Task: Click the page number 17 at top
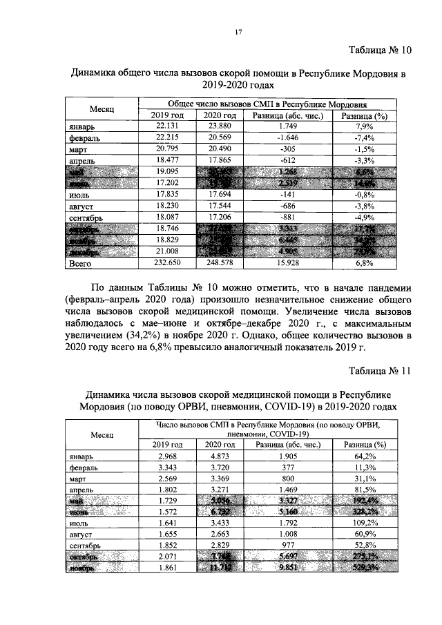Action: point(238,30)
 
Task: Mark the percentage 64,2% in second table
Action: point(364,456)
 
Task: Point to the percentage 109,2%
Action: point(364,523)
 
